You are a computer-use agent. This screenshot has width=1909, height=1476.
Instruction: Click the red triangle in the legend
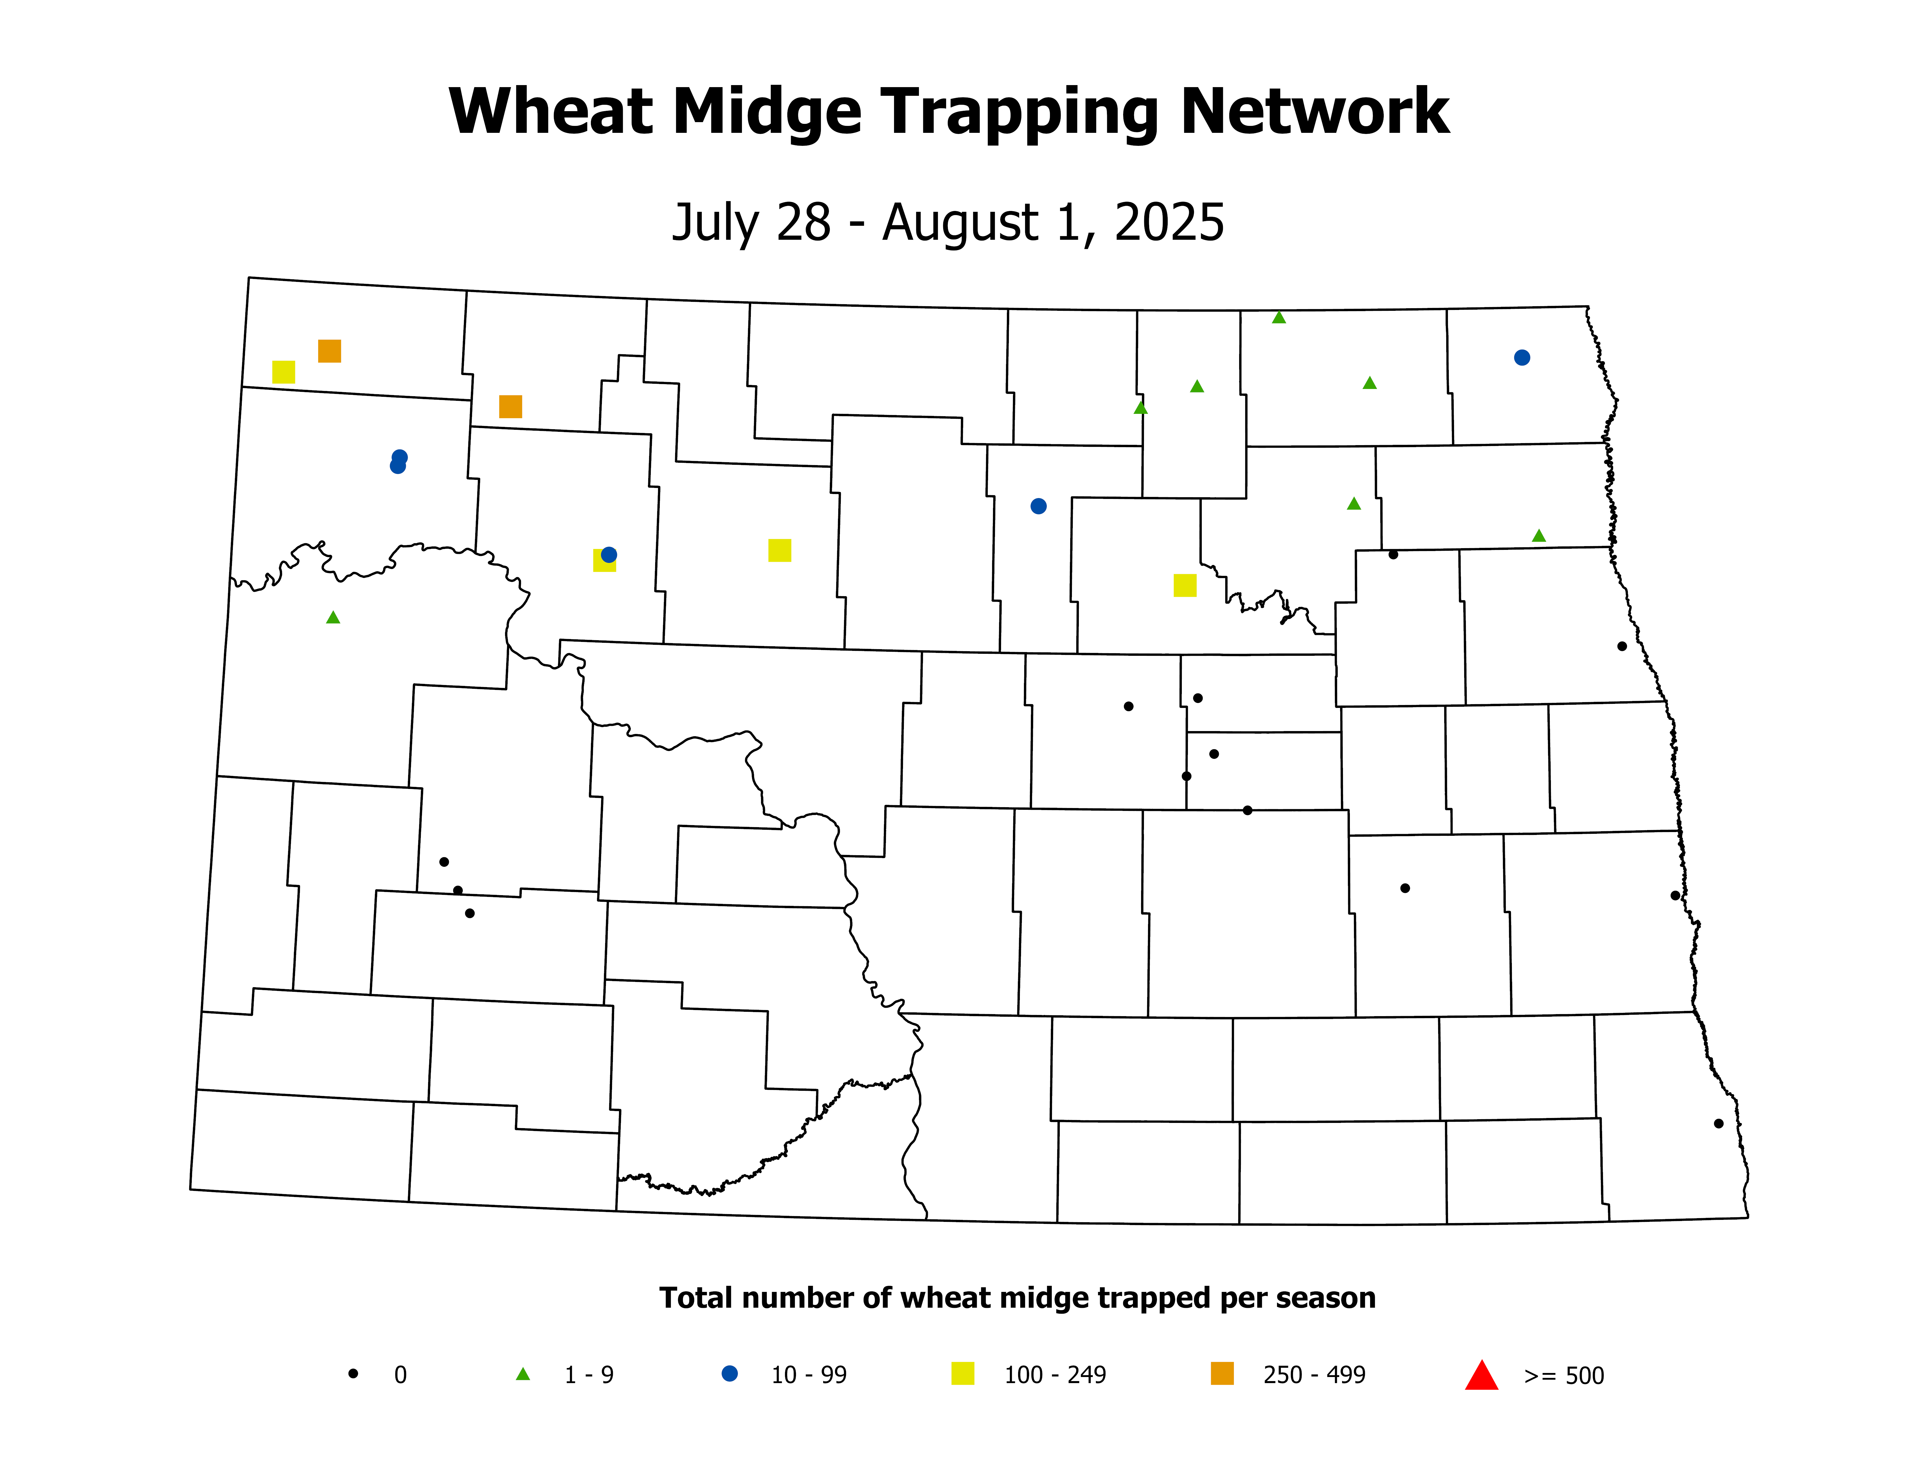point(1481,1376)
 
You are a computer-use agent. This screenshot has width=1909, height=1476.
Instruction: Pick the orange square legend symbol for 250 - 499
point(1222,1374)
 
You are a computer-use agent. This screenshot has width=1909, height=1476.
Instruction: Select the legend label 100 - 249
point(1055,1376)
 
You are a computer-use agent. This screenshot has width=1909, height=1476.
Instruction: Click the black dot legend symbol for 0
point(353,1374)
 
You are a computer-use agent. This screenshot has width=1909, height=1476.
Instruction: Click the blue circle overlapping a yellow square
point(609,555)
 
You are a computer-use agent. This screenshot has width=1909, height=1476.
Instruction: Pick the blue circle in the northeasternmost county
point(1522,358)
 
